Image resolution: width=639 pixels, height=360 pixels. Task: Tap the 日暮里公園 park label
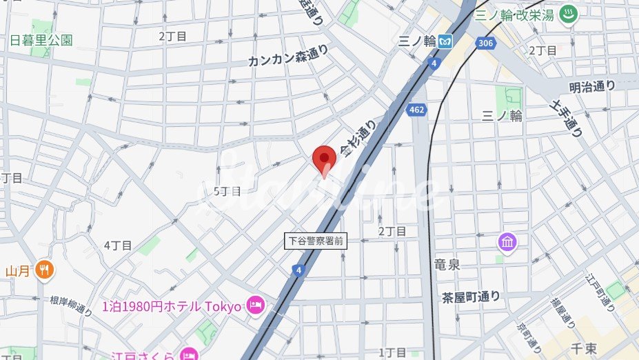[41, 40]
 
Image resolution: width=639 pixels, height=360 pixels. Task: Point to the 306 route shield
[485, 43]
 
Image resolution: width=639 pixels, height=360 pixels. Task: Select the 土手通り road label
[567, 117]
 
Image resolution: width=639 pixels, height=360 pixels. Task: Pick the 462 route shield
[416, 110]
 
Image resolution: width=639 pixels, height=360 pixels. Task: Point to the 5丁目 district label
[227, 191]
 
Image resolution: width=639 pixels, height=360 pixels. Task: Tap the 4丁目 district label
[118, 245]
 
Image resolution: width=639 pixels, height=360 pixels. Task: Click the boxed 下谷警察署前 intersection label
[316, 241]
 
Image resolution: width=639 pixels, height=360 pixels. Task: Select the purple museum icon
[508, 242]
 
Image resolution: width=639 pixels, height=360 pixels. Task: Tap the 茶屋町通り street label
[471, 297]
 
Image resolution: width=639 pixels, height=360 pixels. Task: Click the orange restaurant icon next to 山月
[45, 270]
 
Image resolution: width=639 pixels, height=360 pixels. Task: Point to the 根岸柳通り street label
[72, 306]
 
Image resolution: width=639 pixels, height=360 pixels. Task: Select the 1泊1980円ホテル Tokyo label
[172, 306]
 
